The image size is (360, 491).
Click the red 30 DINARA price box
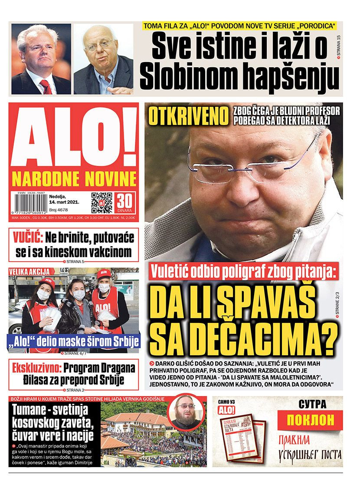pyautogui.click(x=125, y=202)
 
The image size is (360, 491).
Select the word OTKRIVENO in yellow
pyautogui.click(x=188, y=115)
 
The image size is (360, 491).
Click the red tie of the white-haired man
pyautogui.click(x=45, y=86)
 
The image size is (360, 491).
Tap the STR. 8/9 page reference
pyautogui.click(x=196, y=464)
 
